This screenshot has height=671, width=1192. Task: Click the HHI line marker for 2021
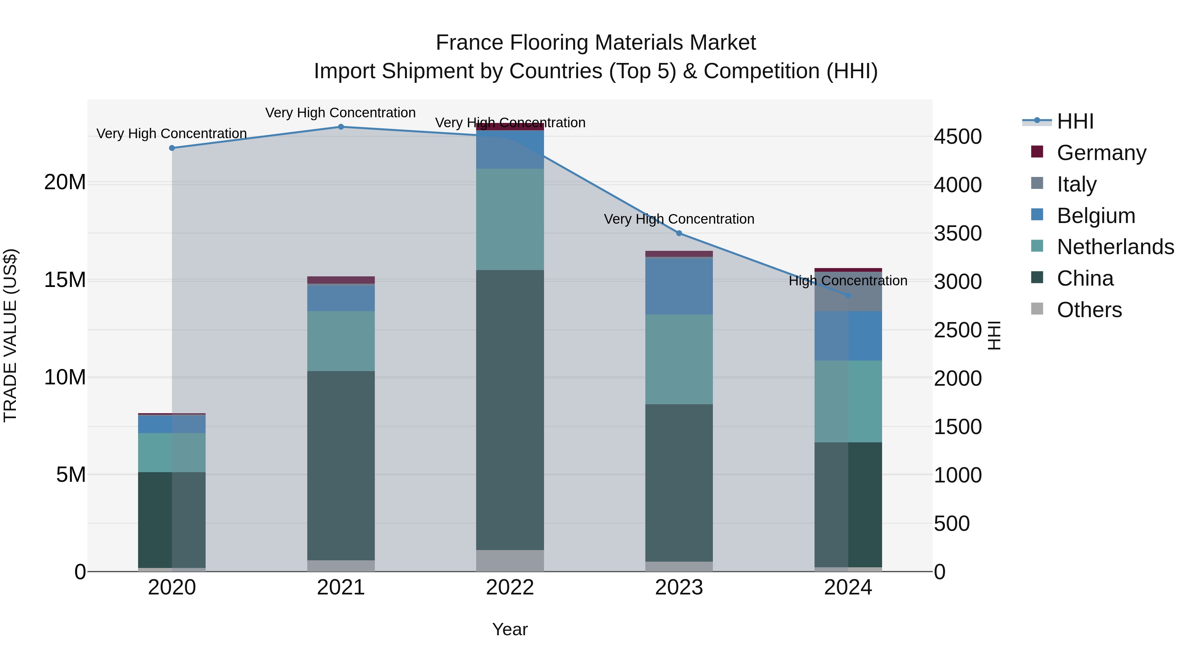coord(341,127)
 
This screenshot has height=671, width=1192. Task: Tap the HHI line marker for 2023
coord(679,233)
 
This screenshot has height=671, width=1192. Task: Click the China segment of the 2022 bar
coord(510,410)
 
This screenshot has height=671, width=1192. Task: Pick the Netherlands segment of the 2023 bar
coord(679,359)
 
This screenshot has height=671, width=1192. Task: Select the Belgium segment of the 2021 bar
coord(341,299)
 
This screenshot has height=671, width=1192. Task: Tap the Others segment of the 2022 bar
coord(510,560)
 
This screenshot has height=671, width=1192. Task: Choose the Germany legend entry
coord(1101,152)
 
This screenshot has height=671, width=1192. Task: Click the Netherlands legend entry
coord(1115,247)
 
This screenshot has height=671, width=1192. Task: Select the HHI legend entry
coord(1074,121)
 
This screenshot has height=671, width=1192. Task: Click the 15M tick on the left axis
coord(65,280)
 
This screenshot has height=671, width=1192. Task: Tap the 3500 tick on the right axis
coord(957,233)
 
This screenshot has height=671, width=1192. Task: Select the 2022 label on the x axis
coord(510,587)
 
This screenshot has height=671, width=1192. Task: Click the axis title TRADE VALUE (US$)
coord(10,335)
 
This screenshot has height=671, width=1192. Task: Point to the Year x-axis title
coord(510,629)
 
